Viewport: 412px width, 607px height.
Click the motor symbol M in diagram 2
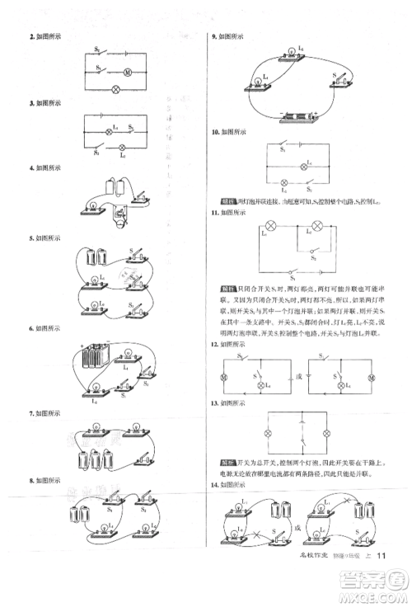click(x=127, y=73)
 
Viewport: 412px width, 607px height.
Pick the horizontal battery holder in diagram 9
click(x=298, y=117)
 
